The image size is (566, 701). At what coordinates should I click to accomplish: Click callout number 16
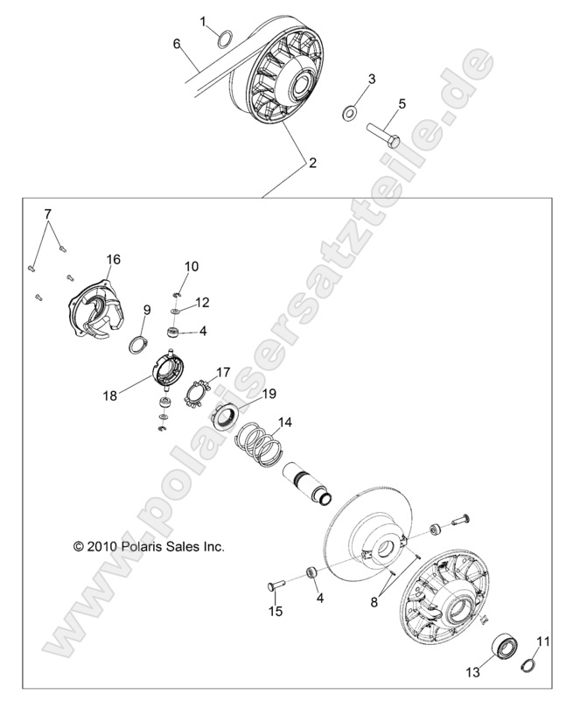[x=114, y=259]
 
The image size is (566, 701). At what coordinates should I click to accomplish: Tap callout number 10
[x=192, y=265]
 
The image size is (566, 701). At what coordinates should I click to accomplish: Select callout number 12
[x=202, y=302]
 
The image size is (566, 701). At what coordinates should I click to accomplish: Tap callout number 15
[x=276, y=612]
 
